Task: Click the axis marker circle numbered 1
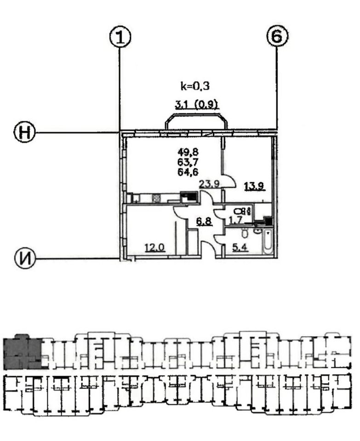pyautogui.click(x=120, y=37)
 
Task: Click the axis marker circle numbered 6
pyautogui.click(x=276, y=36)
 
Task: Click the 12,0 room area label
pyautogui.click(x=154, y=248)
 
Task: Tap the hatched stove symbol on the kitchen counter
pyautogui.click(x=156, y=198)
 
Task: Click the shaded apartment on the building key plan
pyautogui.click(x=22, y=353)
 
